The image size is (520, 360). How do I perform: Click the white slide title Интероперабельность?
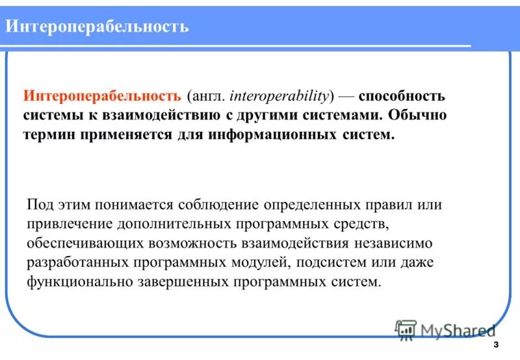[x=97, y=27]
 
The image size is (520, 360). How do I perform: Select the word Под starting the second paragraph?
[x=38, y=205]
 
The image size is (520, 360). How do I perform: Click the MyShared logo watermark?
[x=445, y=329]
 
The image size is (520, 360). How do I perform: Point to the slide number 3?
[x=497, y=344]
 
